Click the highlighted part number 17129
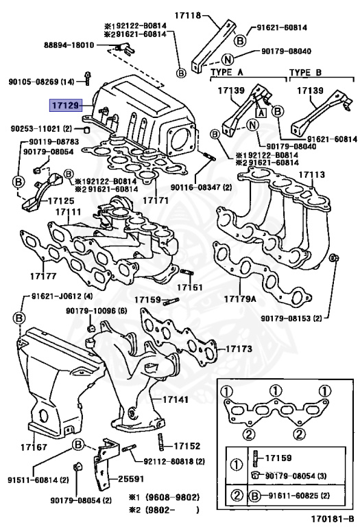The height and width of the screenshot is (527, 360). (65, 106)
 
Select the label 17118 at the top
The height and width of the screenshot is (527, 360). (187, 16)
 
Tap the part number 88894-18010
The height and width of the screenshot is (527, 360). (69, 45)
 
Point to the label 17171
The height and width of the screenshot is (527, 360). (156, 200)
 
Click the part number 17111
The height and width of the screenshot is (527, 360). (68, 212)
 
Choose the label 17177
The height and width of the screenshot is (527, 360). (43, 276)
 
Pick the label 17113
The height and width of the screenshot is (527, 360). (312, 174)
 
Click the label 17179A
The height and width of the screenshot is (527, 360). (240, 298)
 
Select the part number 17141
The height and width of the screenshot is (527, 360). (176, 399)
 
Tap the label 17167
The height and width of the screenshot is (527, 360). (34, 447)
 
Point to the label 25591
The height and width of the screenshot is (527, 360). (131, 478)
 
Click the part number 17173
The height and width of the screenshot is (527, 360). (239, 349)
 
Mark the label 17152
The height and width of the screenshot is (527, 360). (187, 445)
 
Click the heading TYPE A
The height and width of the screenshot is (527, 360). (227, 72)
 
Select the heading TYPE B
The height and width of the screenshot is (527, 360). (305, 72)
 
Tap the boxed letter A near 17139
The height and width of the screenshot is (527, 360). (261, 113)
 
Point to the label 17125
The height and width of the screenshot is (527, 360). (61, 200)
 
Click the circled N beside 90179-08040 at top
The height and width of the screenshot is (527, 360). (228, 60)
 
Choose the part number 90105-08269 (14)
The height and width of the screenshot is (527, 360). (41, 82)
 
